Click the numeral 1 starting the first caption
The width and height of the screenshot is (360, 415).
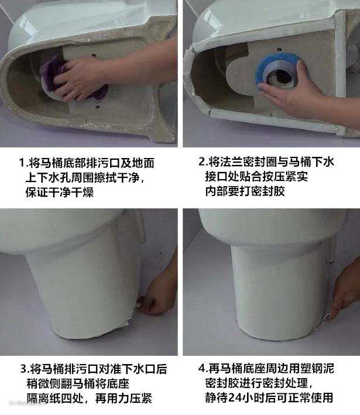(x=22, y=163)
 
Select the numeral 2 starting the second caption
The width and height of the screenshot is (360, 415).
(x=202, y=162)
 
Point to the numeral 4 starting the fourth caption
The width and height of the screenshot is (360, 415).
(x=202, y=368)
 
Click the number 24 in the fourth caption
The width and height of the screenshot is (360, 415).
(x=235, y=398)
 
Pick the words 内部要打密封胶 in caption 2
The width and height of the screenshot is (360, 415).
(x=245, y=191)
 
